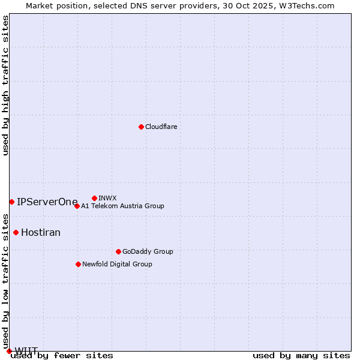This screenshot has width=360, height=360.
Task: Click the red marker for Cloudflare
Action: pyautogui.click(x=141, y=127)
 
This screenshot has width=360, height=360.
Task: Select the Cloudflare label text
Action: pyautogui.click(x=161, y=127)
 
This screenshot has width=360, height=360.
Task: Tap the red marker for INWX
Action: pyautogui.click(x=94, y=198)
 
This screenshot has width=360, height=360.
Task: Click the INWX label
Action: pyautogui.click(x=107, y=199)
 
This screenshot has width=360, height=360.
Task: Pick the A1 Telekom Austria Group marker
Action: pyautogui.click(x=77, y=206)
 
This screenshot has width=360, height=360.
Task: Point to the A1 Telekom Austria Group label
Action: pyautogui.click(x=122, y=206)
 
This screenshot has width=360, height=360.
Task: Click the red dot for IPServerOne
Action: pyautogui.click(x=11, y=202)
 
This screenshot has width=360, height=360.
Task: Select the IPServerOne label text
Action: pyautogui.click(x=47, y=202)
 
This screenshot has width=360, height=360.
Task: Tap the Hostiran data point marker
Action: pyautogui.click(x=16, y=232)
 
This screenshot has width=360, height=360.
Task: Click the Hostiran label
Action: pyautogui.click(x=41, y=233)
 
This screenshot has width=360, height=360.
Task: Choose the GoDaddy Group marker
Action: pyautogui.click(x=118, y=251)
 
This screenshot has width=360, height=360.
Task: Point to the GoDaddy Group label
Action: pyautogui.click(x=148, y=252)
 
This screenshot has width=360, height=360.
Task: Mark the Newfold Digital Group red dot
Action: pyautogui.click(x=78, y=264)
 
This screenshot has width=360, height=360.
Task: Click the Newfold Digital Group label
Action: pyautogui.click(x=117, y=265)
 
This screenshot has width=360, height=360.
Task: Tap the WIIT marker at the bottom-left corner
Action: pyautogui.click(x=9, y=351)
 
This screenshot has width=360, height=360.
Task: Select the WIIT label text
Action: pyautogui.click(x=26, y=351)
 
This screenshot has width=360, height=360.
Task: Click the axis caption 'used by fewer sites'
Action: pyautogui.click(x=62, y=356)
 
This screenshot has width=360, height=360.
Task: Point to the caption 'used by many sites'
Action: pyautogui.click(x=301, y=356)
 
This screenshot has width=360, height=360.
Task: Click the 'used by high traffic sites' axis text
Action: pyautogui.click(x=6, y=85)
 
